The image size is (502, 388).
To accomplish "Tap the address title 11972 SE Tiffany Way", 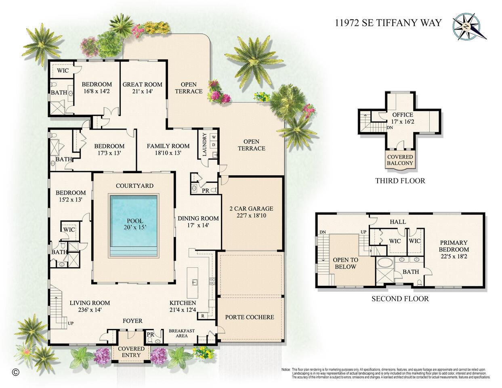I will click(x=388, y=23).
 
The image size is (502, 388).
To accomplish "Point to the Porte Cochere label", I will click(x=249, y=317).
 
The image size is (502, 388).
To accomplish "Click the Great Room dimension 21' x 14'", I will click(x=142, y=91).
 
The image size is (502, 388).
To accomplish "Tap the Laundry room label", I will click(x=204, y=145).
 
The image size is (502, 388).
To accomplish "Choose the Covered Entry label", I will click(x=131, y=352).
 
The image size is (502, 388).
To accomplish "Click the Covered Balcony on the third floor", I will click(x=400, y=160).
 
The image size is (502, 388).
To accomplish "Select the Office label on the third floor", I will click(x=400, y=115).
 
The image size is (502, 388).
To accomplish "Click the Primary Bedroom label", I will click(x=454, y=246).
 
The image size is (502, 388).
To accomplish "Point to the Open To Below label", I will click(x=345, y=263).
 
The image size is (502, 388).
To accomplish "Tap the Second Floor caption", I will click(x=400, y=299).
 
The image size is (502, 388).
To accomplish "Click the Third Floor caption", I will click(x=400, y=180).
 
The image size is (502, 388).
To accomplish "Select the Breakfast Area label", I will click(x=181, y=333).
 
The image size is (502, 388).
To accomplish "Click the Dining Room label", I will click(x=198, y=218).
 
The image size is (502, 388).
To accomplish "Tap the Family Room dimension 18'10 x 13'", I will click(x=168, y=153).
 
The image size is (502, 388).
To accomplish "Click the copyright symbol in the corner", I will click(x=16, y=372).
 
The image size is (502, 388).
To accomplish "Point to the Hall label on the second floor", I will click(x=398, y=222).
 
